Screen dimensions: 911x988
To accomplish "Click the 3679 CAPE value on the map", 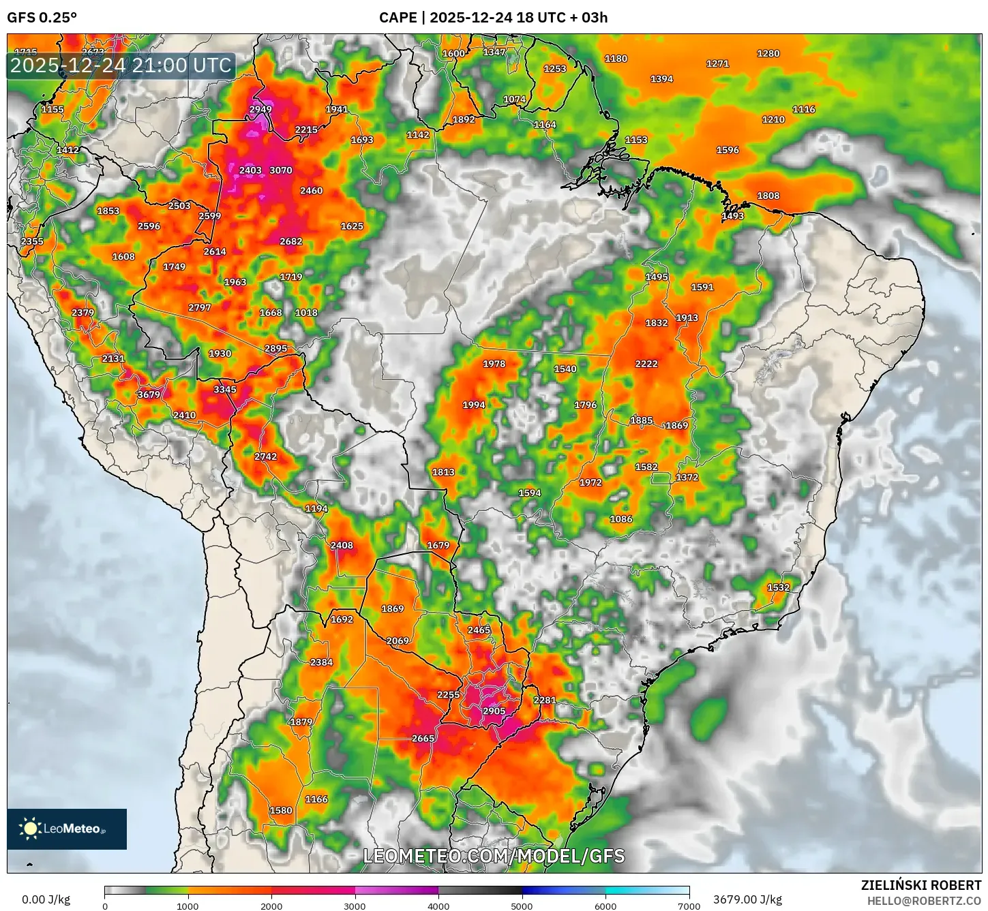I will [149, 395].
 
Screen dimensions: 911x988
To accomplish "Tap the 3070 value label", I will [281, 170].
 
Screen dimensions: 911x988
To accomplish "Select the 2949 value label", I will [260, 109].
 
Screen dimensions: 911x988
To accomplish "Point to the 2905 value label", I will [494, 711].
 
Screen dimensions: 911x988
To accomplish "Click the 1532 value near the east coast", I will [778, 587].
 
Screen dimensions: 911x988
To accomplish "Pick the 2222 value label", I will [646, 364].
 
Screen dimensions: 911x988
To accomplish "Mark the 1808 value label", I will [768, 196].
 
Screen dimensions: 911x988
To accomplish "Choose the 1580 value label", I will [281, 811].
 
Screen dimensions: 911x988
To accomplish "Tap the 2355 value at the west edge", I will [32, 241].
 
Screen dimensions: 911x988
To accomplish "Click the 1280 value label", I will [768, 53].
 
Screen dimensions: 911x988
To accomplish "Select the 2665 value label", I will [423, 739].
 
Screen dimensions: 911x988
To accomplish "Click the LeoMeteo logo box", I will [67, 829].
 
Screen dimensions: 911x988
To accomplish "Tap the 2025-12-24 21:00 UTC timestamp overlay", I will [121, 65].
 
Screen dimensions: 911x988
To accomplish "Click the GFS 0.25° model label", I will [42, 17].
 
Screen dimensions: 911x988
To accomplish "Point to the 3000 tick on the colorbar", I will [355, 906].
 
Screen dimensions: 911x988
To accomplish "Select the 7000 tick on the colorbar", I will [689, 906].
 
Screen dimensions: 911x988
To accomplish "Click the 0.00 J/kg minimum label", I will [46, 899].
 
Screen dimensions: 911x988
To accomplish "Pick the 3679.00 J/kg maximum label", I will [747, 899].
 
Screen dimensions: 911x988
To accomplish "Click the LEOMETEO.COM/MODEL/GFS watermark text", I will [494, 856].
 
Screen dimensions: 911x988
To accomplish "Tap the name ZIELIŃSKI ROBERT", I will [920, 885].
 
